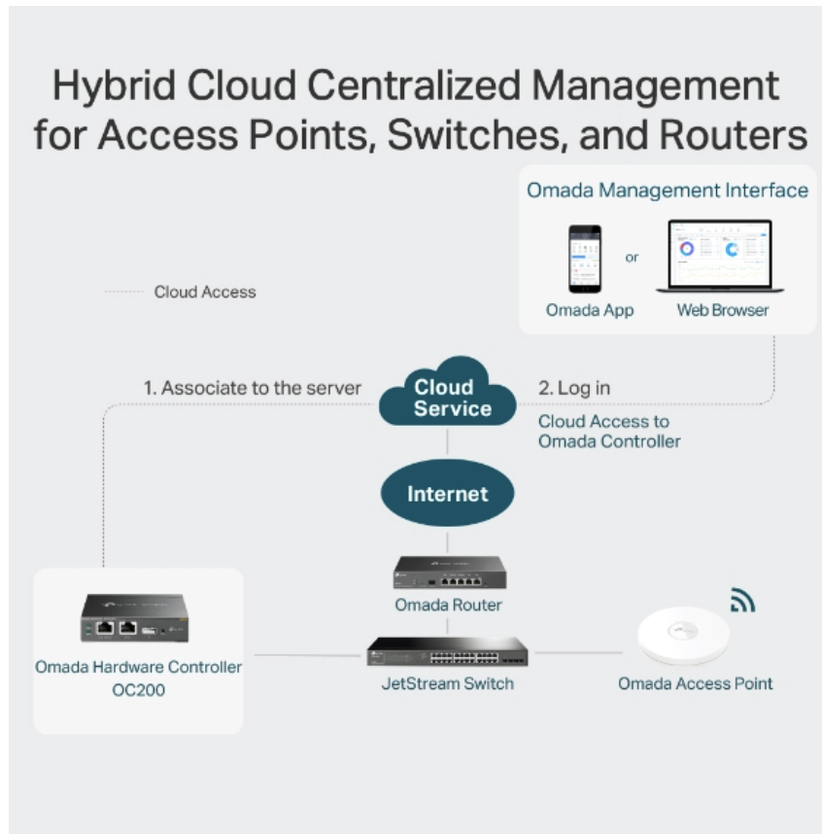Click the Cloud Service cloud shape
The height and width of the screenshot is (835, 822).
447,394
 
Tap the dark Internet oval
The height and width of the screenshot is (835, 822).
447,493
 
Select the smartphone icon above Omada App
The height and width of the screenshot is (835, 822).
585,259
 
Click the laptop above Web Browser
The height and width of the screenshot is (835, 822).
720,256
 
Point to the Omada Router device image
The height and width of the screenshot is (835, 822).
450,573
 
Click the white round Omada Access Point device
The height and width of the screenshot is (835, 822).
684,636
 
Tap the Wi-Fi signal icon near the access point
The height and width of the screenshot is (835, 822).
742,600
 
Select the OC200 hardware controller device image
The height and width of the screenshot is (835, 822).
134,617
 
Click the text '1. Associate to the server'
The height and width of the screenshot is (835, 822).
253,388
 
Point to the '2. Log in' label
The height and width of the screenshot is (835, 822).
574,388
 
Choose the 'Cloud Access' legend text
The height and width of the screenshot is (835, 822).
205,292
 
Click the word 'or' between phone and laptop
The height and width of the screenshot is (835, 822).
632,258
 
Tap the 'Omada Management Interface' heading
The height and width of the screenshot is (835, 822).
668,191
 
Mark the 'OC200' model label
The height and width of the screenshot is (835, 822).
138,689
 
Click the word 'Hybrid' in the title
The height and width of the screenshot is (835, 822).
114,87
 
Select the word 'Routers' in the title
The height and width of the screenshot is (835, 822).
734,135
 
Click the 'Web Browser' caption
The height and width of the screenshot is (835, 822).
723,310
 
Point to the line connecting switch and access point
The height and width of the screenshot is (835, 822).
578,652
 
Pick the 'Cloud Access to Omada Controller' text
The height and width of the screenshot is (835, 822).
609,432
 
